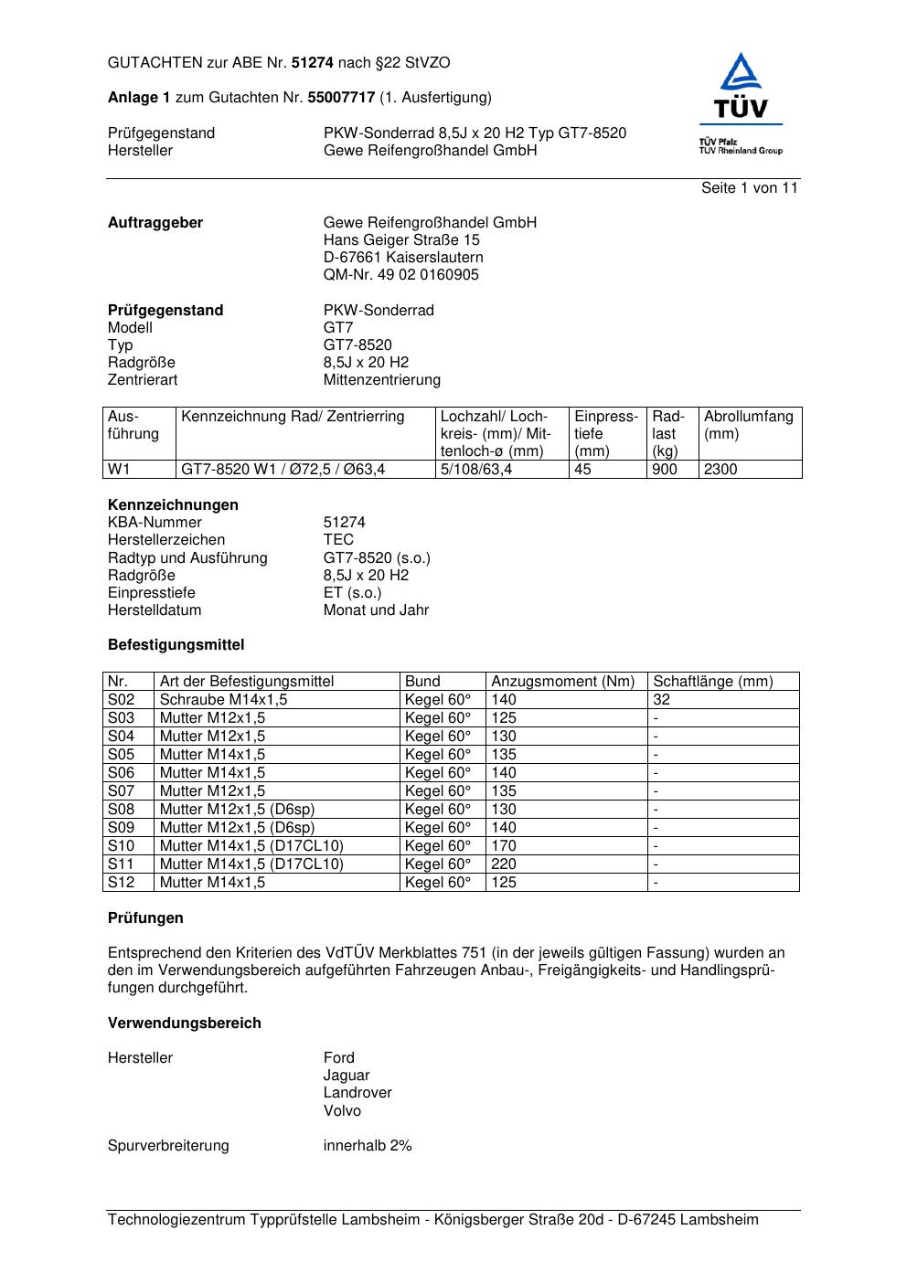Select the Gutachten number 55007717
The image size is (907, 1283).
[341, 97]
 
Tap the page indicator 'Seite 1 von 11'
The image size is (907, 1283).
[750, 188]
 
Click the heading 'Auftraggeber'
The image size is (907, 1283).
[155, 223]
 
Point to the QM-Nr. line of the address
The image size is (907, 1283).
[400, 275]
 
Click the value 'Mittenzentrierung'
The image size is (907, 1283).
[381, 380]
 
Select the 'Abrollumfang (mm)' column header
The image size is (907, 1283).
[748, 425]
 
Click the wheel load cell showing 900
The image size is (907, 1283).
[665, 470]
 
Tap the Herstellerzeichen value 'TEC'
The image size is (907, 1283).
[338, 540]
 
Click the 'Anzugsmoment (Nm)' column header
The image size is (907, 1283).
[562, 682]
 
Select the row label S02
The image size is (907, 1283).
[122, 700]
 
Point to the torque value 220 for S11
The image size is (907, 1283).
[504, 864]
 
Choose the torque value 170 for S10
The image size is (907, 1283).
[504, 846]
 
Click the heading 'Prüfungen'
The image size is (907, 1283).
[145, 918]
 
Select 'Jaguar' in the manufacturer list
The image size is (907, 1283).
[347, 1076]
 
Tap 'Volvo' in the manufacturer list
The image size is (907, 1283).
[342, 1111]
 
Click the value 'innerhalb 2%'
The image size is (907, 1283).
[368, 1146]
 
